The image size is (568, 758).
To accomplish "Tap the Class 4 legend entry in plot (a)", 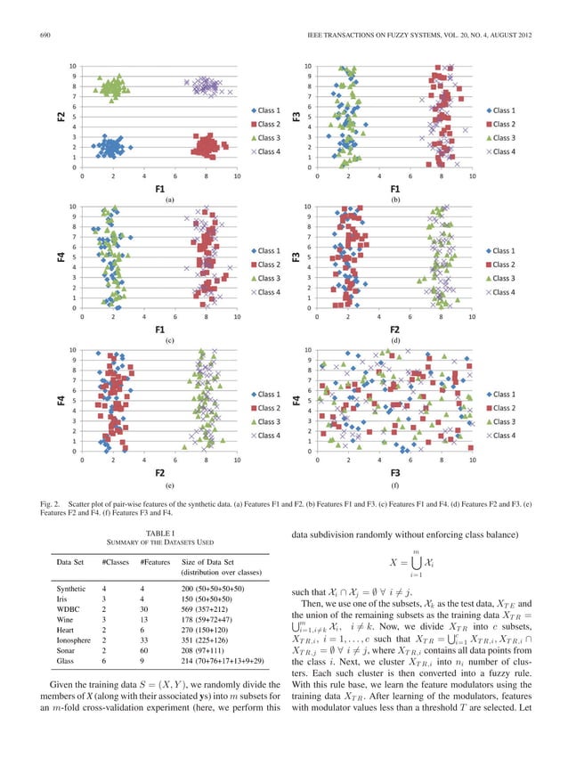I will click(x=267, y=152).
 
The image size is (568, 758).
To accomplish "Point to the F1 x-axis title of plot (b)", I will click(x=394, y=189).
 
